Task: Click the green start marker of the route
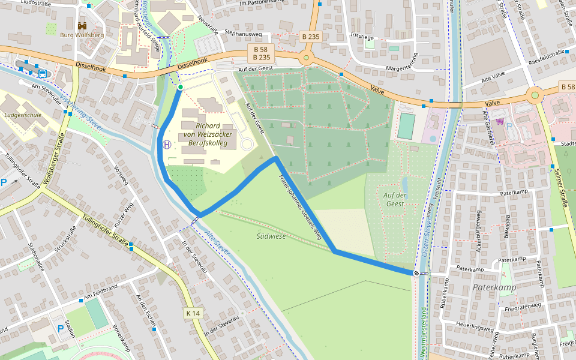click(180, 88)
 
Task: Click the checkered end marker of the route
click(416, 273)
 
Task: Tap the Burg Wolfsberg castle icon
click(82, 26)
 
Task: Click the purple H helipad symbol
click(167, 144)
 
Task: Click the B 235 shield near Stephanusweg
click(311, 37)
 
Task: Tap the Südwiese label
click(271, 236)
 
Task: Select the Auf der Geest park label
click(395, 199)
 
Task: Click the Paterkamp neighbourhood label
click(494, 288)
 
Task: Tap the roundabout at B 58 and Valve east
click(535, 94)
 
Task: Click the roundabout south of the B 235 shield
click(307, 58)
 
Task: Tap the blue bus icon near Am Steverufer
click(43, 74)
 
